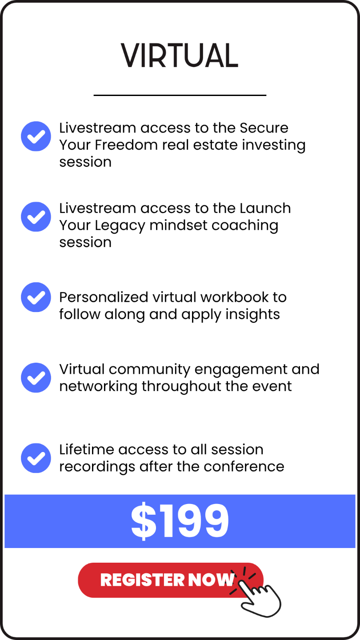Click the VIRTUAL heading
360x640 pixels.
(x=180, y=56)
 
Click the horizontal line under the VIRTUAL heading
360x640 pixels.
(x=180, y=95)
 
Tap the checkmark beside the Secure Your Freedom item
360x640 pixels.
(x=36, y=136)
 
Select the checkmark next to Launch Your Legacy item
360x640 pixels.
(x=36, y=217)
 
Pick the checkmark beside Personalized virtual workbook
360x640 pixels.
(x=36, y=297)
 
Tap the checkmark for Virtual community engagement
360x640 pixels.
(x=36, y=378)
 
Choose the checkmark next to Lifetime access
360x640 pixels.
(x=36, y=458)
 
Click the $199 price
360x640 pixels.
(x=180, y=521)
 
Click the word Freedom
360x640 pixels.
(x=127, y=145)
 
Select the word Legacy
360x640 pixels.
(x=120, y=226)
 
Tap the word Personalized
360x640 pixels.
(x=104, y=298)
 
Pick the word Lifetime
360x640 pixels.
(x=87, y=449)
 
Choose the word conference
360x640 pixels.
(x=244, y=467)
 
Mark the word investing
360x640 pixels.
(x=274, y=145)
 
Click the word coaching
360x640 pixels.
(x=245, y=226)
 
